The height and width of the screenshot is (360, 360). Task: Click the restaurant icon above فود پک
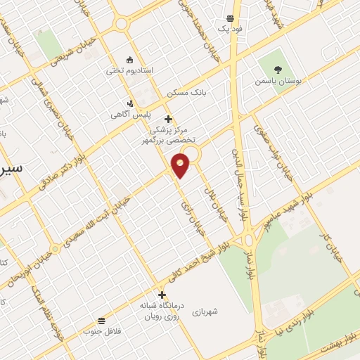coord(231,18)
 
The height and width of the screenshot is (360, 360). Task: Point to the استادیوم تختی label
coord(134,71)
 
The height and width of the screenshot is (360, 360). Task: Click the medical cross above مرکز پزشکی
coord(167,119)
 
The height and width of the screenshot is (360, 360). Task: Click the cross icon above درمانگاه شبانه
coord(162,295)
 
